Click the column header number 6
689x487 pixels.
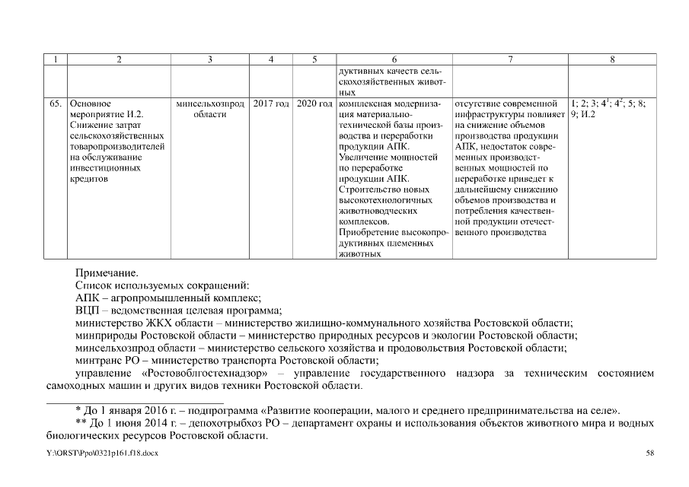coord(394,59)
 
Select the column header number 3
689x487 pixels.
coord(209,59)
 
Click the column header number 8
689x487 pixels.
coord(612,59)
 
